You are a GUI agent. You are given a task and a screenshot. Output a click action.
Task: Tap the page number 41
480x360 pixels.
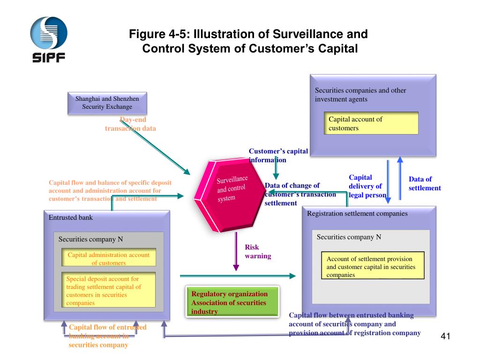[x=445, y=336]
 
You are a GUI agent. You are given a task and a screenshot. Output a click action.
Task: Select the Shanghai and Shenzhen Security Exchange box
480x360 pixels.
[x=107, y=103]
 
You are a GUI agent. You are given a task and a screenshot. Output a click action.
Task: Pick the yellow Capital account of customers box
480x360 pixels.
[x=371, y=123]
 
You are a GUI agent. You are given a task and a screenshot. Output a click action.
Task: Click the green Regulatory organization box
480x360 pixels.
[x=232, y=302]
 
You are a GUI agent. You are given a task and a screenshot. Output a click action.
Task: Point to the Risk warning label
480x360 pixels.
[x=258, y=251]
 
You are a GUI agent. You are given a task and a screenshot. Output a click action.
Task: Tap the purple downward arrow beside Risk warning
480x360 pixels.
[x=236, y=252]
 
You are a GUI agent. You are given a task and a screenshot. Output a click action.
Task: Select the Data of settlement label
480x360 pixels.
[x=425, y=183]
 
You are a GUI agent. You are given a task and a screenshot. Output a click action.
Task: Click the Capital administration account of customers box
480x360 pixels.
[x=109, y=257]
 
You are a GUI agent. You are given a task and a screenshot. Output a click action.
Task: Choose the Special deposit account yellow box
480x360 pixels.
[x=108, y=290]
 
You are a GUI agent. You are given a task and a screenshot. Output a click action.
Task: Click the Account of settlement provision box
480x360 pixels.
[x=373, y=265]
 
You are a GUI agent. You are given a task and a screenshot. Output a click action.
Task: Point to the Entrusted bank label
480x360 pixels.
[x=71, y=217]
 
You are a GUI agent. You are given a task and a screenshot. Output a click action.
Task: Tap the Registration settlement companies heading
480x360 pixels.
[x=357, y=213]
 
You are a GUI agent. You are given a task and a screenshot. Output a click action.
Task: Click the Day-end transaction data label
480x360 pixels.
[x=130, y=124]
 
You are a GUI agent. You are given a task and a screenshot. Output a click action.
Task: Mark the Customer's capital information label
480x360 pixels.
[x=278, y=156]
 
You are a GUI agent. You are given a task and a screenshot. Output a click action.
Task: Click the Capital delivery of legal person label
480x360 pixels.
[x=367, y=186]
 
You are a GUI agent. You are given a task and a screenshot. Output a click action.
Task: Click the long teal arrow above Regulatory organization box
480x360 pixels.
[x=238, y=276]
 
